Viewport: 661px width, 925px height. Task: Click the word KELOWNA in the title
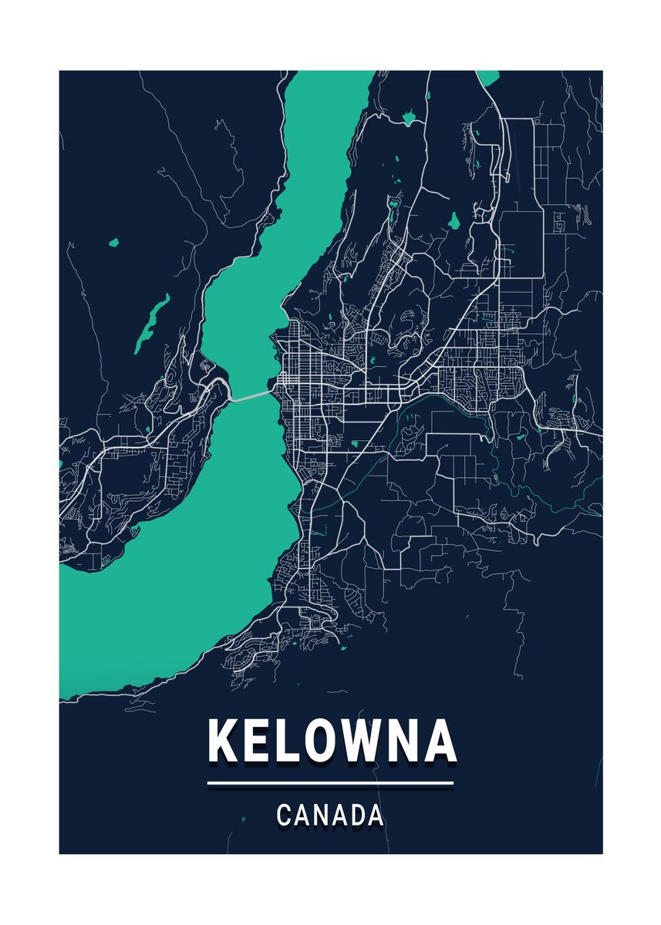coord(332,741)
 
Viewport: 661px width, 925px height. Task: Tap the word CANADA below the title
coord(330,815)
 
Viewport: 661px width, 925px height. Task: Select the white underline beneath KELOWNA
coord(330,784)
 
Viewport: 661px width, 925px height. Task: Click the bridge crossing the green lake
coord(251,395)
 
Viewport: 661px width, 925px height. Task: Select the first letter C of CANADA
coord(283,815)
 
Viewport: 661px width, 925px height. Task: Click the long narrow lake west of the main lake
coord(152,321)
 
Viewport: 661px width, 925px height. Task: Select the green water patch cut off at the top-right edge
coord(487,77)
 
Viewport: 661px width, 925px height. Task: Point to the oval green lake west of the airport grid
coord(455,221)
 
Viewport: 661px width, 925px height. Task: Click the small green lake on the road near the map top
coord(408,119)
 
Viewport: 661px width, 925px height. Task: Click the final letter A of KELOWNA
coord(440,741)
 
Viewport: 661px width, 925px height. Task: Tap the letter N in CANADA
coord(319,815)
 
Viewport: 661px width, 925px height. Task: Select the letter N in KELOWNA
coord(403,741)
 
